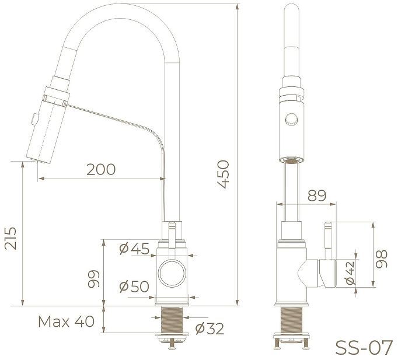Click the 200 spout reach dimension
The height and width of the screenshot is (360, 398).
[x=101, y=169]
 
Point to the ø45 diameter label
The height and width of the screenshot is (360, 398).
[x=134, y=249]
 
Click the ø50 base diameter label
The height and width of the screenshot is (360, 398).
[x=134, y=286]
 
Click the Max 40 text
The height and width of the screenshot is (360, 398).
[x=65, y=321]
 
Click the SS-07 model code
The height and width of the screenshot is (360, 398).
[x=364, y=347]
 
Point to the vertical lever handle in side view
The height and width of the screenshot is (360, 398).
[x=327, y=239]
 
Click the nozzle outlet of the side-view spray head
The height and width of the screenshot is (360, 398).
[x=290, y=159]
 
